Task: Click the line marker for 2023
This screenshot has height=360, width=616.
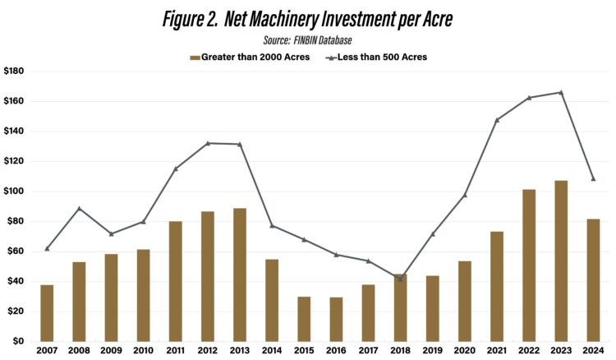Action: coord(560,92)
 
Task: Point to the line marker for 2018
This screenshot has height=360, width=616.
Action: coord(400,279)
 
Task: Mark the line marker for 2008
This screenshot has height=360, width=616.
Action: coord(79,208)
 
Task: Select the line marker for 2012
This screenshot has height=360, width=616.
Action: coord(208,143)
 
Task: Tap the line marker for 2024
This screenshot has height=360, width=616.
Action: coord(593,178)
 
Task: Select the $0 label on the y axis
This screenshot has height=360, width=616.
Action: coord(18,341)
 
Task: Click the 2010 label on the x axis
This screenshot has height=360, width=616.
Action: coord(143,352)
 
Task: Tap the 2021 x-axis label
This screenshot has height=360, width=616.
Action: coord(496,352)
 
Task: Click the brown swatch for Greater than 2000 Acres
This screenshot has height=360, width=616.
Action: coord(195,57)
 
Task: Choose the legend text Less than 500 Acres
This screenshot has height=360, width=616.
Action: coord(381,57)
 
